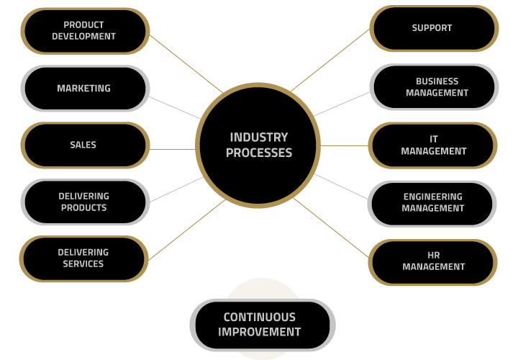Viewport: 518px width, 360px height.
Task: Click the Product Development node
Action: [x=85, y=31]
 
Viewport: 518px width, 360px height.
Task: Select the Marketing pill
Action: [x=85, y=89]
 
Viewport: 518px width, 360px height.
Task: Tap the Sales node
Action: [x=85, y=145]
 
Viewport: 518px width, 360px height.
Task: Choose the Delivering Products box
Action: [x=85, y=202]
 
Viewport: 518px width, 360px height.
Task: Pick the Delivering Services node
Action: [x=84, y=258]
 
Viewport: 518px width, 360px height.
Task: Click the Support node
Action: [x=434, y=28]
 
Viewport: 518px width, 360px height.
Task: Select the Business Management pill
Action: [x=434, y=87]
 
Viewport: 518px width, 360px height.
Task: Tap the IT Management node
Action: [x=433, y=145]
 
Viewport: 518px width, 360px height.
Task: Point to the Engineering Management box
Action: [x=432, y=204]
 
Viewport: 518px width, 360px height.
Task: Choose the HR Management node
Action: [x=433, y=262]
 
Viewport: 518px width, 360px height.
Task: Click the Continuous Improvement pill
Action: [x=263, y=325]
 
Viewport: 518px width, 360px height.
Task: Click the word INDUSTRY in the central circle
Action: [x=259, y=138]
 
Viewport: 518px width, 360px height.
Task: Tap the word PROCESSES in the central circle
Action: [x=259, y=153]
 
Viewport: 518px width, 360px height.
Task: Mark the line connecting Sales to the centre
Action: [x=172, y=150]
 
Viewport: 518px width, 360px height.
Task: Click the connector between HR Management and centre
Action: [x=331, y=228]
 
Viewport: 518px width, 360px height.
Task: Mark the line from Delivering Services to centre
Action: [x=186, y=230]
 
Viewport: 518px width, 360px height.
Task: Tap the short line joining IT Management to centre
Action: [x=344, y=145]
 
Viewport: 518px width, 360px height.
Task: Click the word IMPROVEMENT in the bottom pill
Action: [x=259, y=332]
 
